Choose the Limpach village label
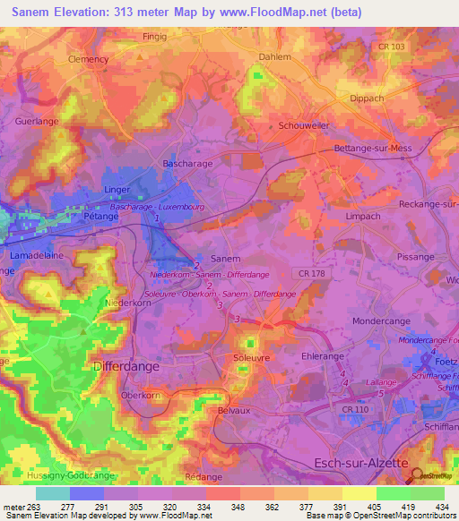[363, 217]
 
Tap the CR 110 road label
[356, 409]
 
